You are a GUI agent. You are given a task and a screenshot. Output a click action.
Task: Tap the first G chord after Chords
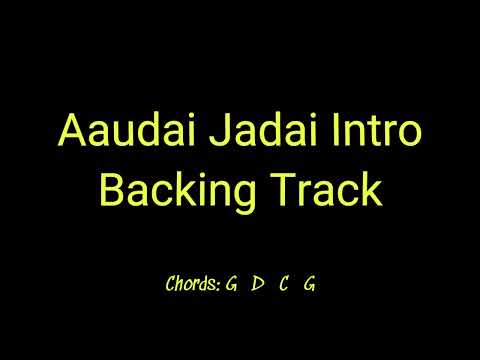(x=231, y=284)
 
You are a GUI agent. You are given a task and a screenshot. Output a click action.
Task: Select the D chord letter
(x=258, y=284)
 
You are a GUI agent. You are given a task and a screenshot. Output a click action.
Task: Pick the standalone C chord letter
(x=285, y=284)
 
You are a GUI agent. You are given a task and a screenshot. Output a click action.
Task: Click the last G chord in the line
(x=310, y=284)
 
